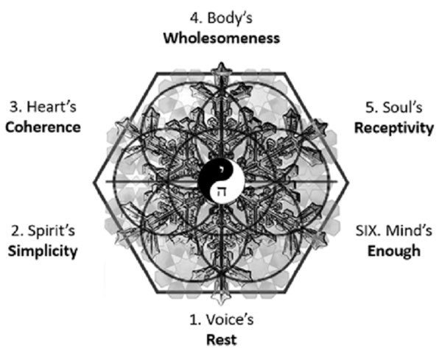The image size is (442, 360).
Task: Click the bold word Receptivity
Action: click(x=393, y=127)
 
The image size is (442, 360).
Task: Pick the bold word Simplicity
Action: click(x=43, y=250)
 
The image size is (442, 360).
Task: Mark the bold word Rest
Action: click(x=222, y=340)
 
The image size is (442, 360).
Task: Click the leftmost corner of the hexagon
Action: click(x=95, y=181)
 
